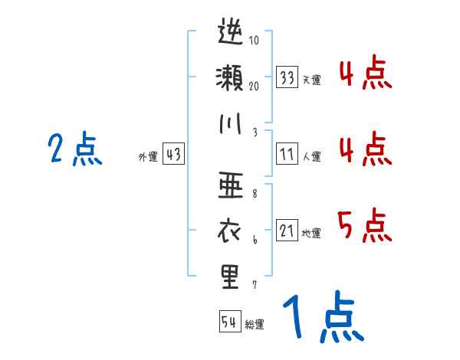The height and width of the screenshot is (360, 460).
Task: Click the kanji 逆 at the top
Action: [230, 34]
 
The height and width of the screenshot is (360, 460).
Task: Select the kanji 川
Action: [230, 123]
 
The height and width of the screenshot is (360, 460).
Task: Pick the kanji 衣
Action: [230, 230]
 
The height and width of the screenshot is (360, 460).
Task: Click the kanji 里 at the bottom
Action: [230, 276]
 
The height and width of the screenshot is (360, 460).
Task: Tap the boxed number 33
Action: [287, 77]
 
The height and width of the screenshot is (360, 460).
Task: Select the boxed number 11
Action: [287, 154]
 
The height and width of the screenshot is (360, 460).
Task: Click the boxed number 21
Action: [287, 231]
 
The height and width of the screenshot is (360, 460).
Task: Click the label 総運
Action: [255, 325]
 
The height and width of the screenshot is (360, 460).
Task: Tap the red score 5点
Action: [364, 224]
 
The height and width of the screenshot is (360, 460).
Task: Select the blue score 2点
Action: [74, 149]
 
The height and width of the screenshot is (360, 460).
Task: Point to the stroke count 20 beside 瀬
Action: [255, 85]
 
